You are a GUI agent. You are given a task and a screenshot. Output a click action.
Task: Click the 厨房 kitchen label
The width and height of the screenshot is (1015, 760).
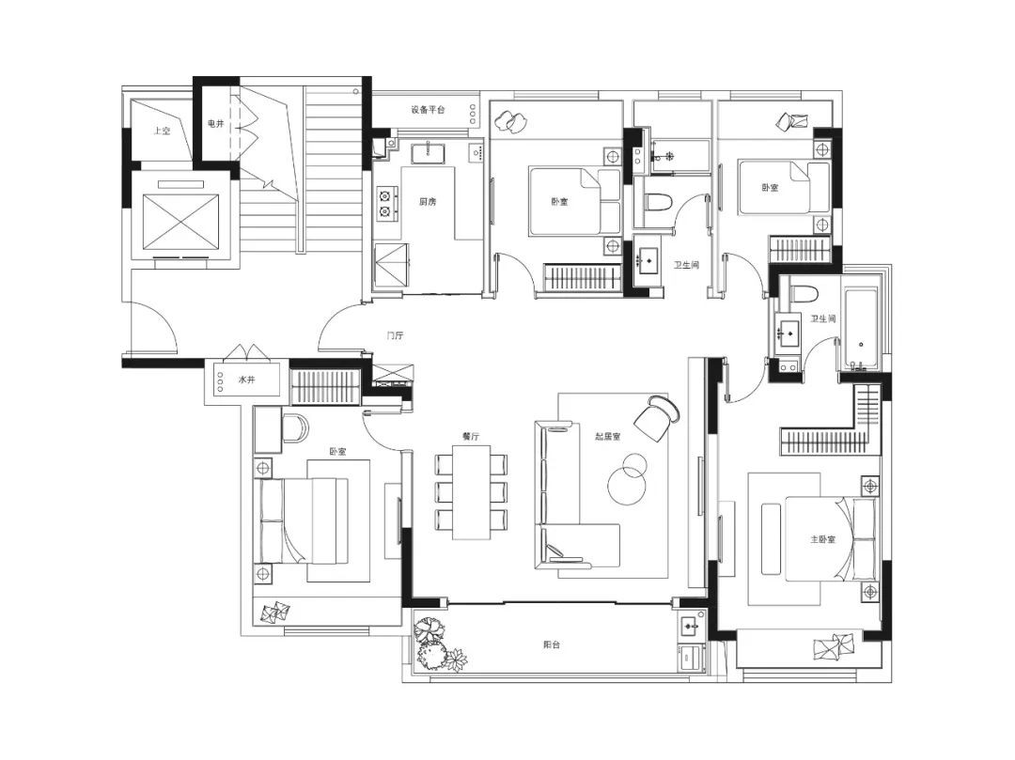click(428, 202)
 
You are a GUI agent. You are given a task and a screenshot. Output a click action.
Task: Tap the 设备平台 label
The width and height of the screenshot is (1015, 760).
click(429, 110)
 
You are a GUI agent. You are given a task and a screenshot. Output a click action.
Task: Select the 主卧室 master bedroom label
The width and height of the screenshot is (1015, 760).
click(822, 539)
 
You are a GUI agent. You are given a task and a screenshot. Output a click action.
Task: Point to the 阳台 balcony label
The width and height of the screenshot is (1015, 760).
click(551, 644)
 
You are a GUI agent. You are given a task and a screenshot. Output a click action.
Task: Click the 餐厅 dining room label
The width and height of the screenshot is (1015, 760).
click(471, 437)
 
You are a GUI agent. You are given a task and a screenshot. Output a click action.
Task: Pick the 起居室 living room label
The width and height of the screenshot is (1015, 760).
click(608, 437)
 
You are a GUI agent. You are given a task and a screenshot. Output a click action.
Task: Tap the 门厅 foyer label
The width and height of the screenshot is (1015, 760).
click(395, 335)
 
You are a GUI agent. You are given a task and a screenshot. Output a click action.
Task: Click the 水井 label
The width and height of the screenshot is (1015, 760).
click(246, 380)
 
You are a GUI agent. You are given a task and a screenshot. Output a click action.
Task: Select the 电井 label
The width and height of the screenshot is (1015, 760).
click(215, 124)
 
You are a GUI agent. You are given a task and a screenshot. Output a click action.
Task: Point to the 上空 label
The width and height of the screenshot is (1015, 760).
click(162, 132)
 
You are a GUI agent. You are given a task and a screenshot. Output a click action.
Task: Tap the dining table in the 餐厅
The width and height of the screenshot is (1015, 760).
click(471, 492)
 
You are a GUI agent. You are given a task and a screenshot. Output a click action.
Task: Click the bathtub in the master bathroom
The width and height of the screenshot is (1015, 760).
click(861, 329)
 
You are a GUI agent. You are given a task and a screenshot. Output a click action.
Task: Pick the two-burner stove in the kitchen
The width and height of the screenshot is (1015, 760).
click(386, 203)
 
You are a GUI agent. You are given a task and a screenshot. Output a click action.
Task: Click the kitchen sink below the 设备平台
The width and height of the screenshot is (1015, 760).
click(428, 152)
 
